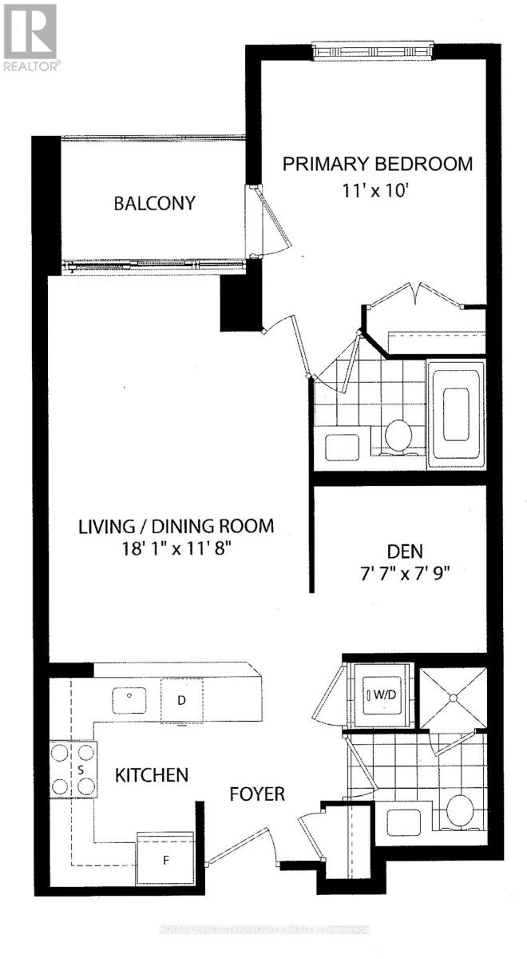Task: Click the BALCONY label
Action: (x=154, y=203)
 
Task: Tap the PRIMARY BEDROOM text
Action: (x=378, y=164)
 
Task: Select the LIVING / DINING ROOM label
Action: (x=176, y=527)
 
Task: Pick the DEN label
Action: (x=405, y=551)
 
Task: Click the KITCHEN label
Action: (x=152, y=774)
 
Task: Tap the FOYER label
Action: (x=257, y=794)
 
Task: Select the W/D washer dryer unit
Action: (x=380, y=695)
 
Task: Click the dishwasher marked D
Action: (x=181, y=700)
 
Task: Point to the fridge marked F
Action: (x=166, y=862)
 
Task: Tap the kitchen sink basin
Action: (x=129, y=699)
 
